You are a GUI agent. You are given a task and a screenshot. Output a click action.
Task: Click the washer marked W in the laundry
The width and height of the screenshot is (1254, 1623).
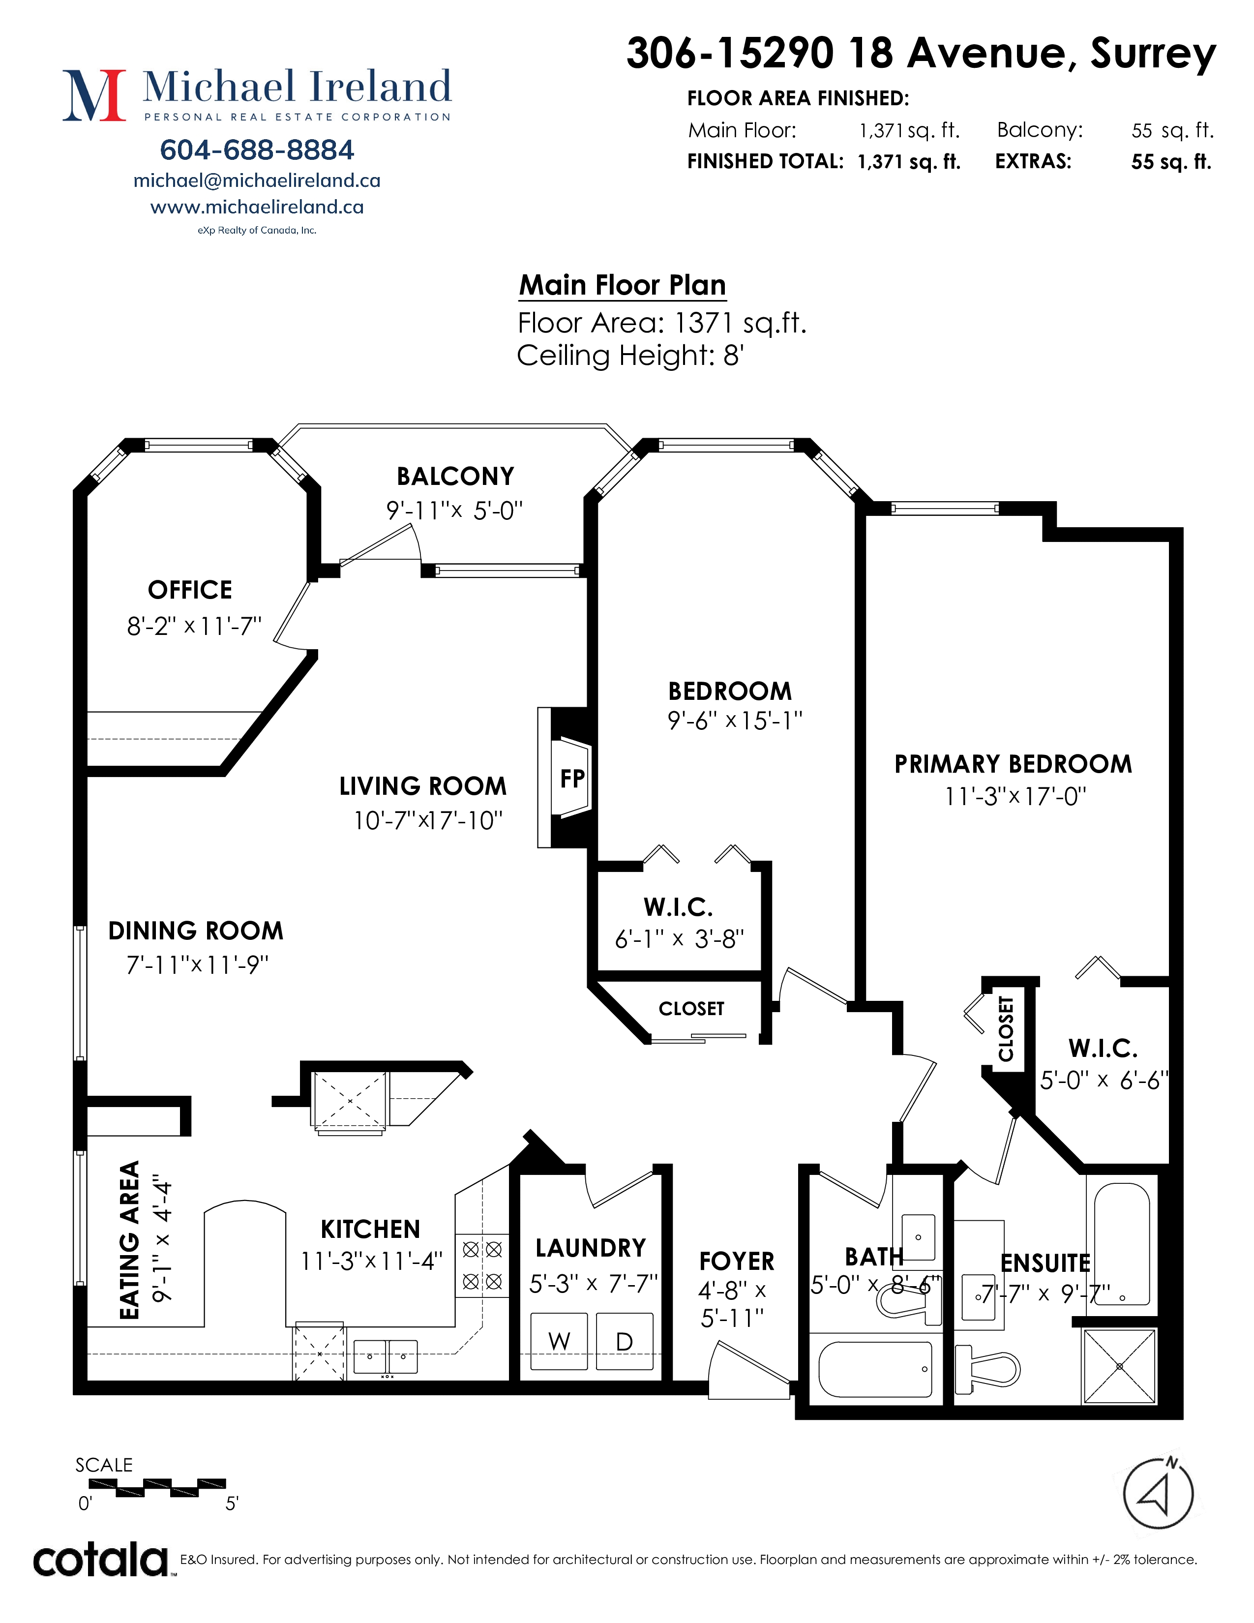[559, 1341]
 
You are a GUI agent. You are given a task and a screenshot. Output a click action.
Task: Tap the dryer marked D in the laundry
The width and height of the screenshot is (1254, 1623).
[625, 1341]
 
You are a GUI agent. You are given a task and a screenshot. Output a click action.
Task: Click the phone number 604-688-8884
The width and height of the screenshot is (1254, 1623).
[257, 150]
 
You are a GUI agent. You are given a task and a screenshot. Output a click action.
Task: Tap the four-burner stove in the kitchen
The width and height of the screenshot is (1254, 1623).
[482, 1265]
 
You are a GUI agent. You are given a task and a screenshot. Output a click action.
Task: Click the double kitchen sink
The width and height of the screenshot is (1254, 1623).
[386, 1356]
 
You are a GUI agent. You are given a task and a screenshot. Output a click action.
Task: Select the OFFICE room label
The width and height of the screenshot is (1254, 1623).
[190, 590]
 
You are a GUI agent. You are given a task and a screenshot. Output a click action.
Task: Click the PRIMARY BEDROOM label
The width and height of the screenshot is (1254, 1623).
[1014, 764]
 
